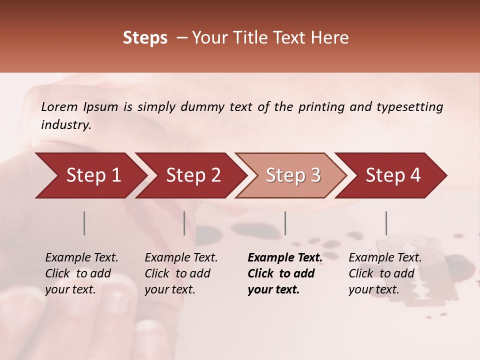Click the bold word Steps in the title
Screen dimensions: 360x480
145,38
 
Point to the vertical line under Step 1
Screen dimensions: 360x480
84,223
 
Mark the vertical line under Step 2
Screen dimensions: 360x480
184,223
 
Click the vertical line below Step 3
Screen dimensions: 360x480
285,223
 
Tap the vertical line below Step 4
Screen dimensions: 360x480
386,223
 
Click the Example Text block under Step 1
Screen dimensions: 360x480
81,273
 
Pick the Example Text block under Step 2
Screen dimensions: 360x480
181,273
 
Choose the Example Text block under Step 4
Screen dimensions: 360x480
385,273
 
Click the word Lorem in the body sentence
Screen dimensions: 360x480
59,107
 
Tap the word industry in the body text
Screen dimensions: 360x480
65,125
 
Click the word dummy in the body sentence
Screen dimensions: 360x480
202,107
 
